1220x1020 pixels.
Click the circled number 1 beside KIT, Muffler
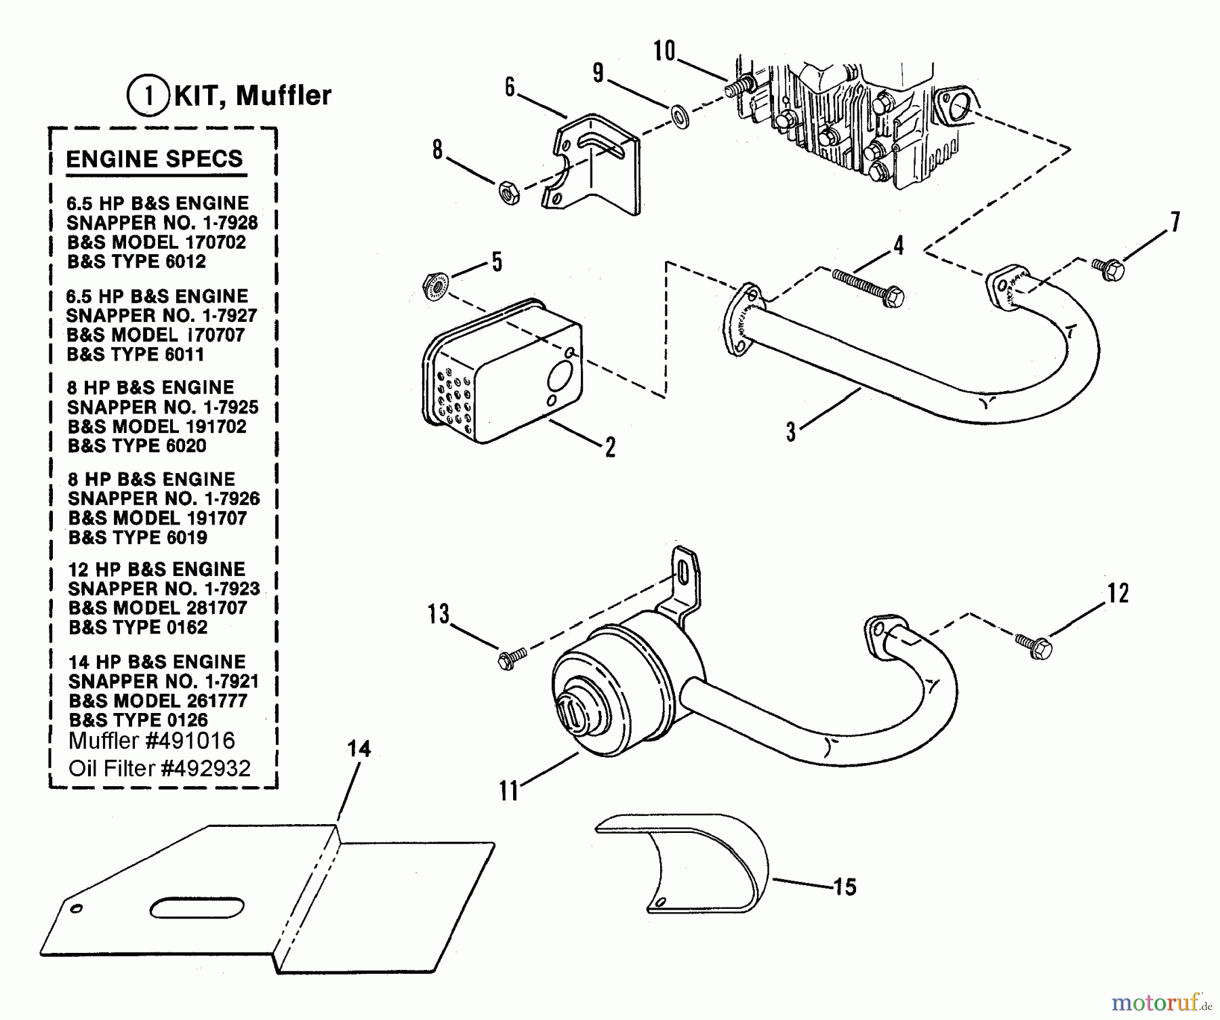(x=147, y=96)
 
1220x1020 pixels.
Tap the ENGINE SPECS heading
(x=155, y=159)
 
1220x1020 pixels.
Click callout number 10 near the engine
(x=664, y=52)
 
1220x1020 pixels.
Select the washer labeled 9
(x=680, y=116)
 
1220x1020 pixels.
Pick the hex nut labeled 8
(x=508, y=193)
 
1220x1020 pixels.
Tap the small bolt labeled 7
(x=1109, y=270)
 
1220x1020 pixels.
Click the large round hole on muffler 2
(x=561, y=375)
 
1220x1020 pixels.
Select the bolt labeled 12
(x=1035, y=645)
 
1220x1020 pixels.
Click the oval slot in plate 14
(x=197, y=907)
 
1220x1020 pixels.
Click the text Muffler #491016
(x=152, y=741)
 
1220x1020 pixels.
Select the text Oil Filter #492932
(x=159, y=768)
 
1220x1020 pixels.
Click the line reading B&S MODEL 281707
(x=157, y=608)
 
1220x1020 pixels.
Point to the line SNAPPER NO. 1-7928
(x=162, y=223)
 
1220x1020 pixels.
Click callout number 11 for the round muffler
(x=508, y=790)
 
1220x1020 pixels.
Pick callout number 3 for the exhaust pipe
(x=791, y=432)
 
